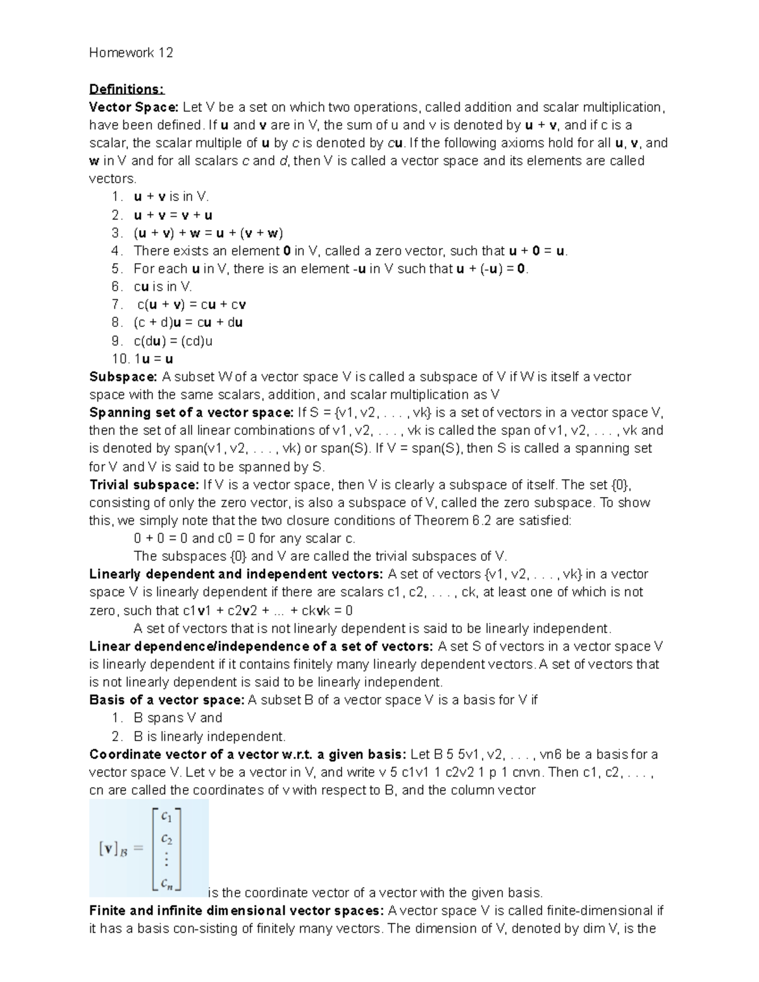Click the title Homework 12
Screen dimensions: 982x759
pyautogui.click(x=131, y=52)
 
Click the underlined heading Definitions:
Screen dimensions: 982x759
pyautogui.click(x=126, y=89)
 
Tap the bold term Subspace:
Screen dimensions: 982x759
pyautogui.click(x=123, y=377)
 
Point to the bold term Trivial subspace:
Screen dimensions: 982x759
pyautogui.click(x=144, y=485)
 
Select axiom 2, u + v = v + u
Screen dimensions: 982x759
pyautogui.click(x=173, y=215)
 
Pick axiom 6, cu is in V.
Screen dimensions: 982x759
pyautogui.click(x=163, y=286)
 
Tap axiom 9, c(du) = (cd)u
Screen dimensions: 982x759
pyautogui.click(x=173, y=341)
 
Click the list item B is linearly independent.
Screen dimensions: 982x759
pyautogui.click(x=209, y=737)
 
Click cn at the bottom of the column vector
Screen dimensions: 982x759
pyautogui.click(x=167, y=883)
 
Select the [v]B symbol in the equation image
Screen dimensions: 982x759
pyautogui.click(x=113, y=849)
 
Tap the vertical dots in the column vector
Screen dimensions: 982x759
pyautogui.click(x=166, y=861)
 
